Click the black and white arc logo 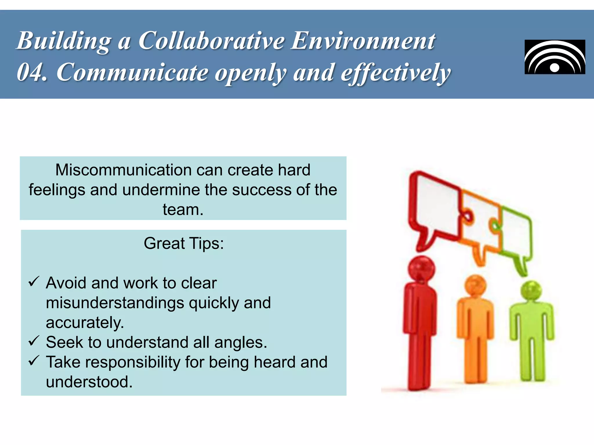[x=555, y=57]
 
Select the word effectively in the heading [x=396, y=73]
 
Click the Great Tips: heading [x=184, y=243]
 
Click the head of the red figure [x=421, y=268]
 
